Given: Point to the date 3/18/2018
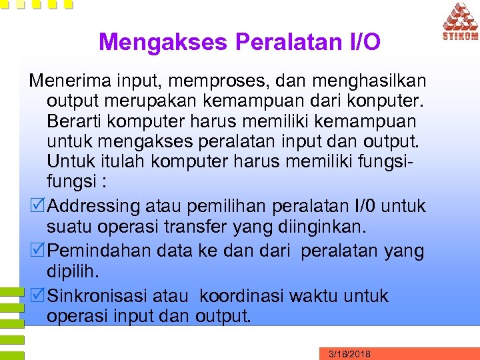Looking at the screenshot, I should pyautogui.click(x=350, y=354).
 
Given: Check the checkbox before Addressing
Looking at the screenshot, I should pyautogui.click(x=38, y=205).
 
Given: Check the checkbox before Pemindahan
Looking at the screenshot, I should pyautogui.click(x=38, y=251).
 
